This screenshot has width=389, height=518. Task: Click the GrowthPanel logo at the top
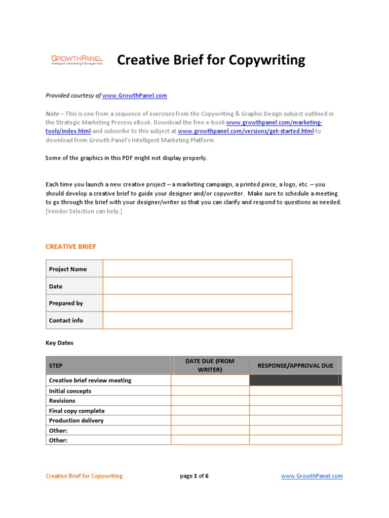pyautogui.click(x=76, y=61)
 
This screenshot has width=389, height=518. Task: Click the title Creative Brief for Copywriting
pyautogui.click(x=211, y=60)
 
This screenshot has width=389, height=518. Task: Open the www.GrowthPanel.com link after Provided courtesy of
pyautogui.click(x=135, y=96)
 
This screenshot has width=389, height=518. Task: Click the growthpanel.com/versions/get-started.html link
pyautogui.click(x=246, y=132)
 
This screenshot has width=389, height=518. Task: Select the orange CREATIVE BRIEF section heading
pyautogui.click(x=70, y=247)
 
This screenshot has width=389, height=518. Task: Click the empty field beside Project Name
pyautogui.click(x=197, y=269)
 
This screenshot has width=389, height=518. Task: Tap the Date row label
pyautogui.click(x=56, y=286)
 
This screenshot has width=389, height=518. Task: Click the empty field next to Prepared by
pyautogui.click(x=197, y=303)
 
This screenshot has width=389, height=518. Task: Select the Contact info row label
pyautogui.click(x=66, y=320)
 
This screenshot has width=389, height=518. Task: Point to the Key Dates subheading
pyautogui.click(x=59, y=343)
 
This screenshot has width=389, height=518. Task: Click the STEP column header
pyautogui.click(x=56, y=365)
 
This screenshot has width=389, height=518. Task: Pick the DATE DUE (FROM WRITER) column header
pyautogui.click(x=210, y=365)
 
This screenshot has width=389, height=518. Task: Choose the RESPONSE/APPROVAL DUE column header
pyautogui.click(x=295, y=365)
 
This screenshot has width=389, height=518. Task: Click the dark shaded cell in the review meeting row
pyautogui.click(x=295, y=380)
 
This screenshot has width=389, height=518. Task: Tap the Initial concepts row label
pyautogui.click(x=70, y=391)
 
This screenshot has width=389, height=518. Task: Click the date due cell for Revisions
pyautogui.click(x=210, y=401)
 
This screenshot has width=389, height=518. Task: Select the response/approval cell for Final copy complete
pyautogui.click(x=295, y=411)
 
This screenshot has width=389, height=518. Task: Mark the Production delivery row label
pyautogui.click(x=76, y=420)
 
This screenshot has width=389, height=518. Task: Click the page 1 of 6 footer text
pyautogui.click(x=194, y=476)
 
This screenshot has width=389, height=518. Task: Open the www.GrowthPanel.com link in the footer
pyautogui.click(x=312, y=476)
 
